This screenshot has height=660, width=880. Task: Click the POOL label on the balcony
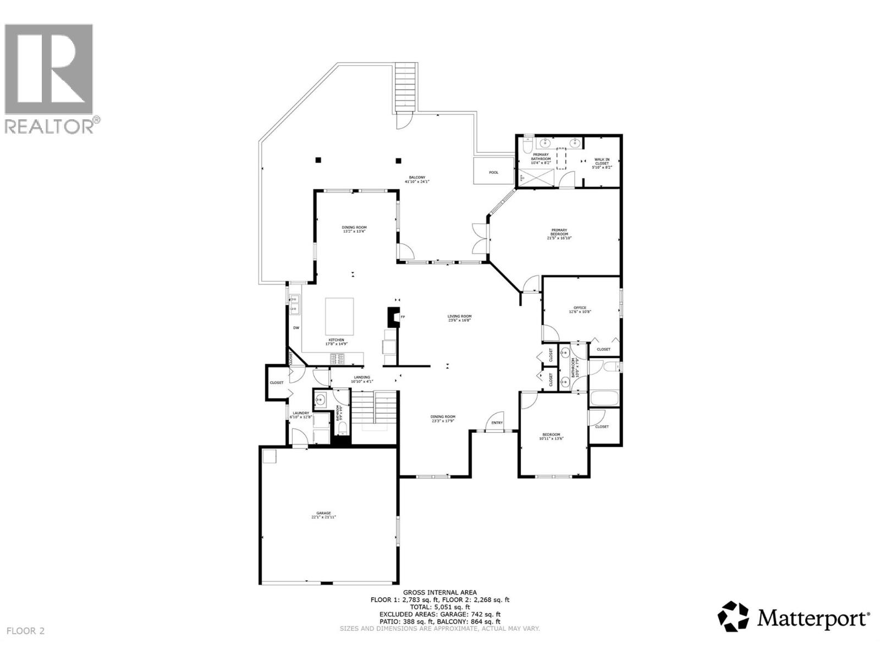pos(493,172)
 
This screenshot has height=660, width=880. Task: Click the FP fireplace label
pos(403,317)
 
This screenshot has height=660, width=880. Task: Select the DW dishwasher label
pos(296,328)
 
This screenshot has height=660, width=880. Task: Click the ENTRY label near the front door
pos(497,422)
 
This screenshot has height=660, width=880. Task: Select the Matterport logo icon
pos(734,616)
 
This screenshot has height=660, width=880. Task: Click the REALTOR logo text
pos(52,125)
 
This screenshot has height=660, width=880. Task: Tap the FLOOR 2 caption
pos(26,631)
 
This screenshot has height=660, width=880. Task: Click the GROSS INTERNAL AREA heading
pos(439,592)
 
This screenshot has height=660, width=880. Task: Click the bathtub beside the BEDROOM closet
pos(603,398)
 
